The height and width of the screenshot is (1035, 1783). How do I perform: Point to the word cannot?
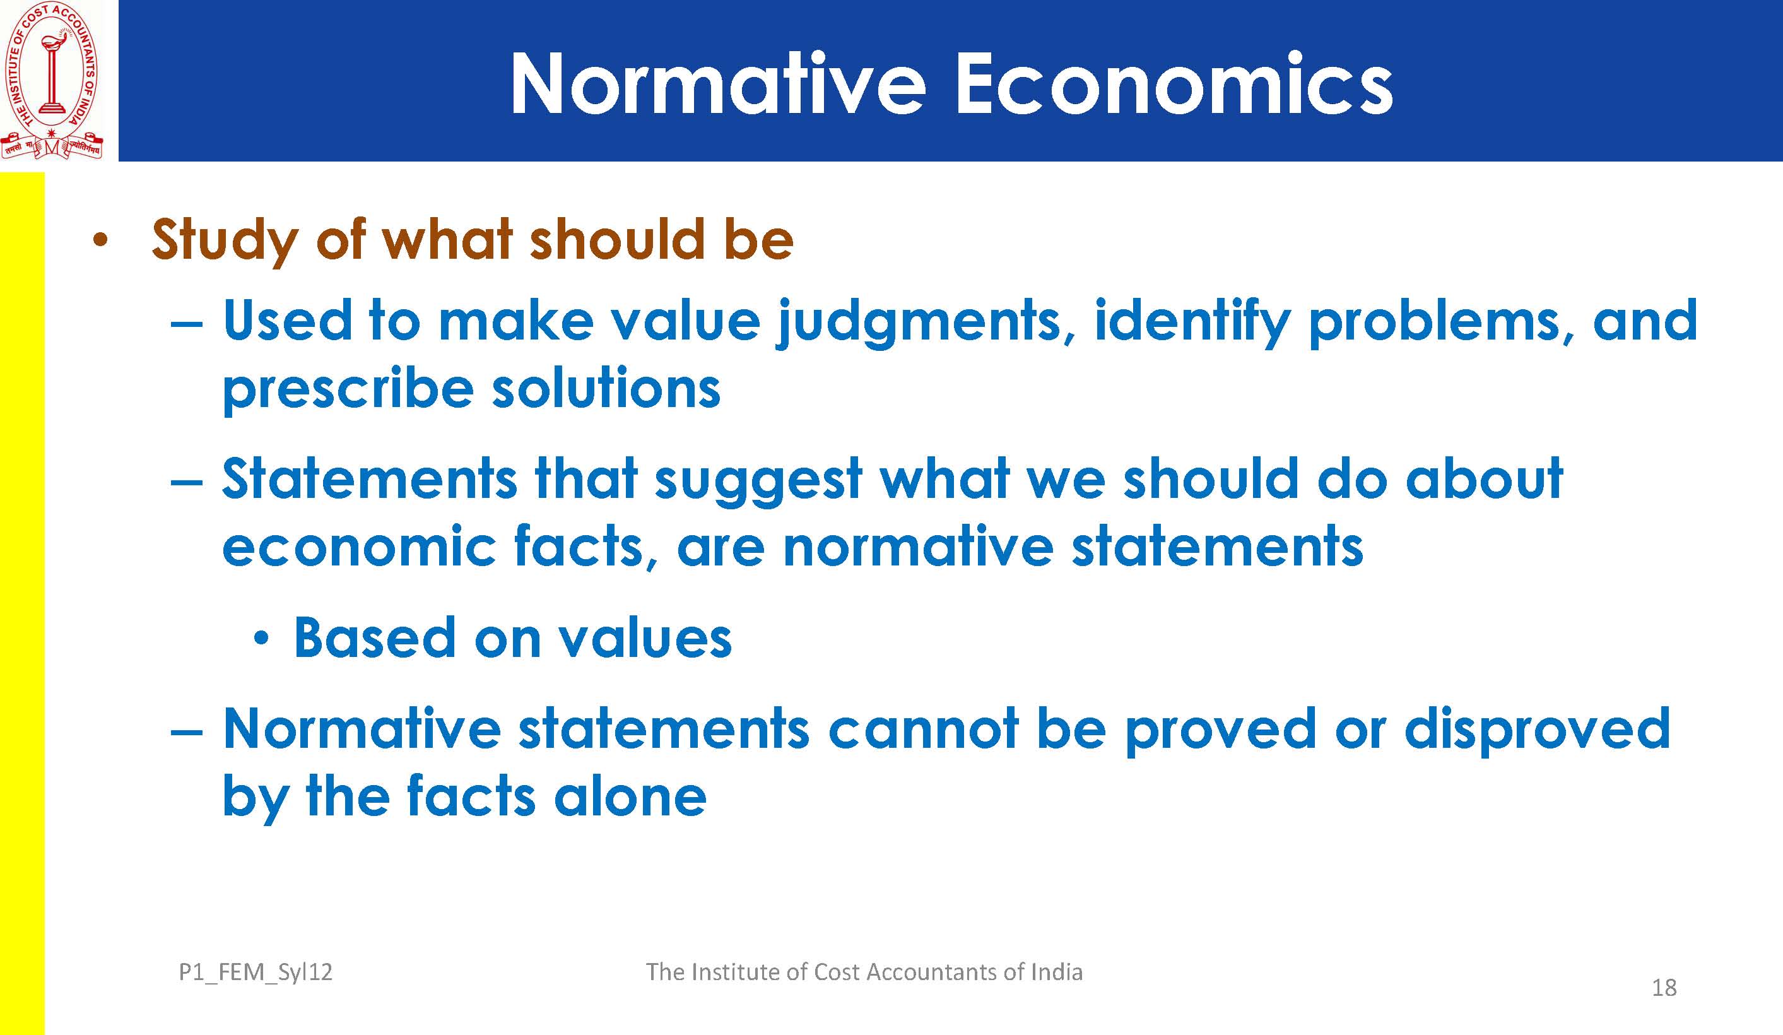point(923,729)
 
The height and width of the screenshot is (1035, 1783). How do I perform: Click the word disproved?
point(1538,728)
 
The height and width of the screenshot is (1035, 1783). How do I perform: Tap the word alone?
point(630,796)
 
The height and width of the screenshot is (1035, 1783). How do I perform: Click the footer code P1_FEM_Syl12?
point(256,973)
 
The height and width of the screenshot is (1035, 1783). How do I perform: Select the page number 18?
point(1664,988)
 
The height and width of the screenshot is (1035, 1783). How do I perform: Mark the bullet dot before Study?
point(100,240)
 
